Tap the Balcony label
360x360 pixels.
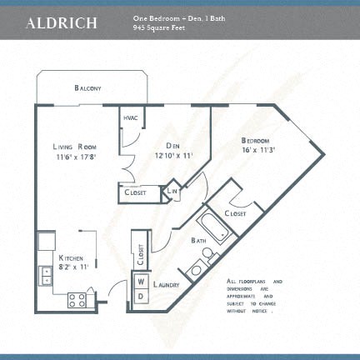[x=87, y=87]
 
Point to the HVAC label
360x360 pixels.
[x=130, y=117]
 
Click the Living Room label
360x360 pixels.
[x=76, y=146]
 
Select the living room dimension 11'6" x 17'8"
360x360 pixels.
[x=76, y=157]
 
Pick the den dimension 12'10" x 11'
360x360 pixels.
[x=173, y=155]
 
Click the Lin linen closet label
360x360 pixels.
[x=172, y=192]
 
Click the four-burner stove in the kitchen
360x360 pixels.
[x=79, y=297]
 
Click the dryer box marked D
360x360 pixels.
[x=141, y=296]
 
